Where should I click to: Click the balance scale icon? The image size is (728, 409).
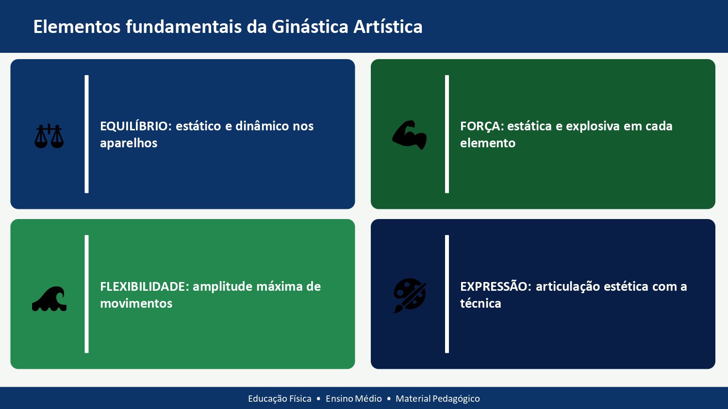coord(49,136)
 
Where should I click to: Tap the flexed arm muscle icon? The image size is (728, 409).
coord(410,135)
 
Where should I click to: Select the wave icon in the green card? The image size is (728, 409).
coord(49,299)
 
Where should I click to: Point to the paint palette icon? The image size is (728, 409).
coord(410,295)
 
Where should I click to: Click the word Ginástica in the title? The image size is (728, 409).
coord(310,27)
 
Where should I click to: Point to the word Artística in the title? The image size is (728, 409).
coord(388,27)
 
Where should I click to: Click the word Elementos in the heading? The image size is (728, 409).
coord(77,27)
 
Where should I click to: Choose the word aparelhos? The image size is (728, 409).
coord(129,143)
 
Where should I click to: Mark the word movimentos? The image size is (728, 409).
coord(136,303)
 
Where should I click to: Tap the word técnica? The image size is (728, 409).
coord(480,303)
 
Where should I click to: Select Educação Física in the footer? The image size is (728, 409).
coord(280,398)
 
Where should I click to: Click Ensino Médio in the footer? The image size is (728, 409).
coord(354,398)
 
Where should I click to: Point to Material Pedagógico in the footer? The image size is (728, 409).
coord(437,398)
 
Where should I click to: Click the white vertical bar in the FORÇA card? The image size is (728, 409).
coord(447,134)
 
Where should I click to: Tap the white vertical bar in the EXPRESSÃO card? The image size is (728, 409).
coord(447,294)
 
